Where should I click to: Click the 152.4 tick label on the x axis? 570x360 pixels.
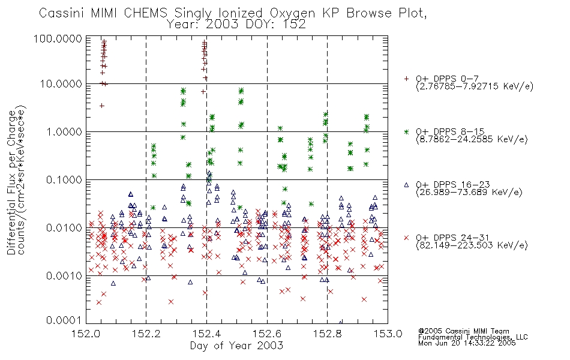(206, 334)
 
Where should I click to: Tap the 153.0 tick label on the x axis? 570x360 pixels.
(388, 334)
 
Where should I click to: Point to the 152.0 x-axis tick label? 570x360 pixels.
(86, 334)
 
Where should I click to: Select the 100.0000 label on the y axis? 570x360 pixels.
(58, 38)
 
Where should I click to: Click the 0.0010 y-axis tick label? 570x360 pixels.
(64, 275)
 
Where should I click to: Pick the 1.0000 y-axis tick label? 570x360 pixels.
(64, 131)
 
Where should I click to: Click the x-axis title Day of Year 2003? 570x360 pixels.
(236, 346)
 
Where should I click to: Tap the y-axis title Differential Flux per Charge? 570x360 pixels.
(12, 182)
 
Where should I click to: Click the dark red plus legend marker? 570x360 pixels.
(406, 79)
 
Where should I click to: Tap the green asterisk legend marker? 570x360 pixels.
(406, 131)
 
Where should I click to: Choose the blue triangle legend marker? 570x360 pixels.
(406, 185)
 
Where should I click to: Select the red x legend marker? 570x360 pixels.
(406, 238)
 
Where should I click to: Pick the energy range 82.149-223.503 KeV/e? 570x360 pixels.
(472, 245)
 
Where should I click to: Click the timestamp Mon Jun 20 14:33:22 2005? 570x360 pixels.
(467, 343)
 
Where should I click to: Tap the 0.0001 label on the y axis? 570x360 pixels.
(64, 320)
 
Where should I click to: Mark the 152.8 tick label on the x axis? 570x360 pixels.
(327, 334)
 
